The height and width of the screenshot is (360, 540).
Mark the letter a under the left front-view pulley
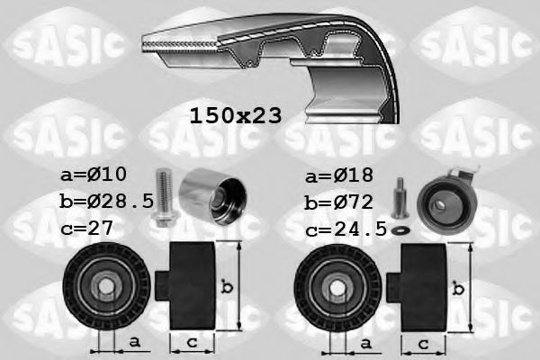tap(135, 342)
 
